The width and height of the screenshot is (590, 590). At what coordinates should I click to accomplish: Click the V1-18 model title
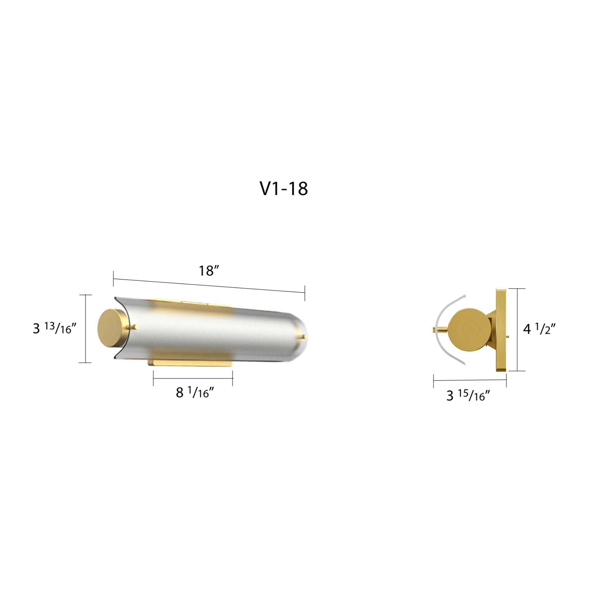pos(284,189)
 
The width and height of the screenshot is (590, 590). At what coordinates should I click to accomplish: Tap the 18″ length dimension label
pos(209,271)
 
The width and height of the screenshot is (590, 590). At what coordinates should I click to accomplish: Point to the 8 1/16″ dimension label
pos(194,392)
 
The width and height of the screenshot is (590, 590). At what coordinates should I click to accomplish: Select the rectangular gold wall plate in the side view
pos(501,330)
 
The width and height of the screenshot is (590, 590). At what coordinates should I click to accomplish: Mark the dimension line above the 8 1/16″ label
pos(193,378)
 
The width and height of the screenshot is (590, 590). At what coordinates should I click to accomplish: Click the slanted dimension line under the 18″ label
pos(209,286)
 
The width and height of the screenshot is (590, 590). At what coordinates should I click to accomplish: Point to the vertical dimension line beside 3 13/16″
pos(85,329)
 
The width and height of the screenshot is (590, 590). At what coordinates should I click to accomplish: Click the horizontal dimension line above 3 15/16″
pos(470,380)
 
